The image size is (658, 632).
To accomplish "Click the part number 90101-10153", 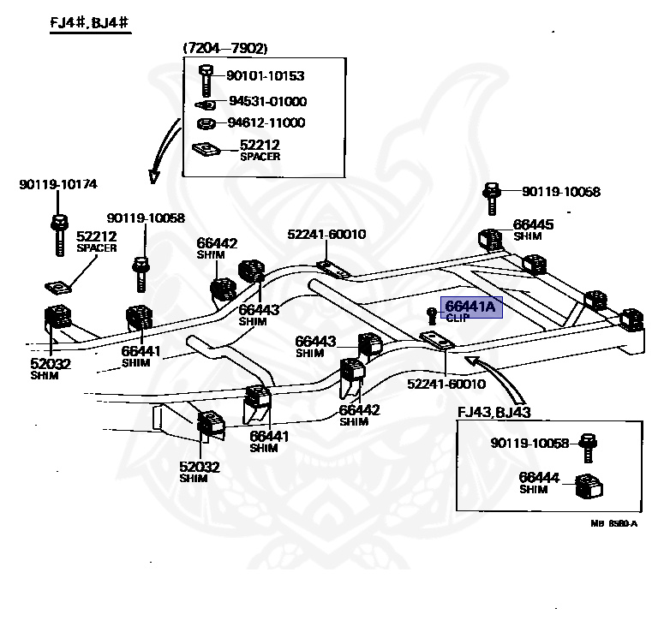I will click(x=265, y=76).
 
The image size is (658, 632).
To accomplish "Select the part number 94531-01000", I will click(x=266, y=101).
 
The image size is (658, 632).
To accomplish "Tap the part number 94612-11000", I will click(x=266, y=122).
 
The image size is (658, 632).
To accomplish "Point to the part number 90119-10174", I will click(x=58, y=183).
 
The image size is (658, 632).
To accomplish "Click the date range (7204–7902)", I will click(x=224, y=48).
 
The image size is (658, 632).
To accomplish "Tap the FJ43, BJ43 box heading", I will click(x=494, y=412).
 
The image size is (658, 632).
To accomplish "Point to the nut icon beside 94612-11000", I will click(x=206, y=122).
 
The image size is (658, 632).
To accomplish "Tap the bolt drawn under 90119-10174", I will click(x=59, y=235).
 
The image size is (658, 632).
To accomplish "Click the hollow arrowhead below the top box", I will click(x=154, y=176).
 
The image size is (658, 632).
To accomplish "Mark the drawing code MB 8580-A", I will click(x=614, y=523).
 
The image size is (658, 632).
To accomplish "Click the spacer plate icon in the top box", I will click(x=206, y=149).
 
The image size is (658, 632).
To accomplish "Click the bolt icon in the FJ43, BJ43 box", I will click(x=587, y=445).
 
